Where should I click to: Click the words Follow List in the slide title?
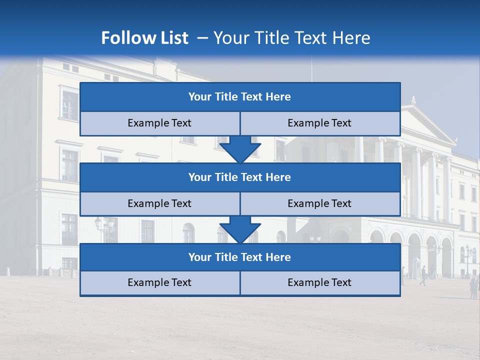click(144, 38)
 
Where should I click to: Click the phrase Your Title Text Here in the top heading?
click(292, 38)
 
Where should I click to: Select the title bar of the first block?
click(240, 97)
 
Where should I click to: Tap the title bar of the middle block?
click(240, 177)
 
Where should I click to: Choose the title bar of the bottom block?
click(240, 257)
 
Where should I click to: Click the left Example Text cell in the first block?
click(160, 123)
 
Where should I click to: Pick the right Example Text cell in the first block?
click(320, 123)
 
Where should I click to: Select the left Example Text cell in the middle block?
click(160, 203)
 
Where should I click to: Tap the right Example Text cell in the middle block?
click(320, 203)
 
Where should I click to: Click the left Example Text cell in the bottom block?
click(160, 282)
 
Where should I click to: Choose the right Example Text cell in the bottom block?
click(320, 282)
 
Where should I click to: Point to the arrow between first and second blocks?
click(240, 149)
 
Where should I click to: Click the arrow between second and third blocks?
click(240, 229)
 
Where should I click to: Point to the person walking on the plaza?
click(423, 275)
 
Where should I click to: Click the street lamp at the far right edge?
click(468, 260)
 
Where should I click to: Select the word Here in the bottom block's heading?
click(278, 257)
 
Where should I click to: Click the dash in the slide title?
click(202, 38)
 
